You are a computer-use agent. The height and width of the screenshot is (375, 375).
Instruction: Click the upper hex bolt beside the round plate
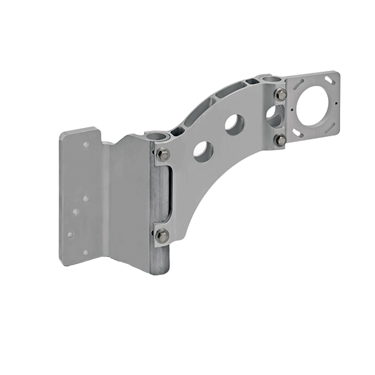282,94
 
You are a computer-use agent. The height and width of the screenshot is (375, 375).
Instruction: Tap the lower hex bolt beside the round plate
280,140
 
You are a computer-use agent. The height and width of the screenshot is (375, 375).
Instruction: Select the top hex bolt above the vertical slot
163,154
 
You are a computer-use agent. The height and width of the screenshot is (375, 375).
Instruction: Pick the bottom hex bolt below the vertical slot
162,235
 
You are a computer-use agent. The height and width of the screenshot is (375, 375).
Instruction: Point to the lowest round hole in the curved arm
203,151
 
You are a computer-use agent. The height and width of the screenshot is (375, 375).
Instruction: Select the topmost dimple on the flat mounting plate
86,144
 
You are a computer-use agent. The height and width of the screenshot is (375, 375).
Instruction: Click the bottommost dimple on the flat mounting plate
85,252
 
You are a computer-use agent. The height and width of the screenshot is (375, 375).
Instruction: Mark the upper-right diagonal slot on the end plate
329,80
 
